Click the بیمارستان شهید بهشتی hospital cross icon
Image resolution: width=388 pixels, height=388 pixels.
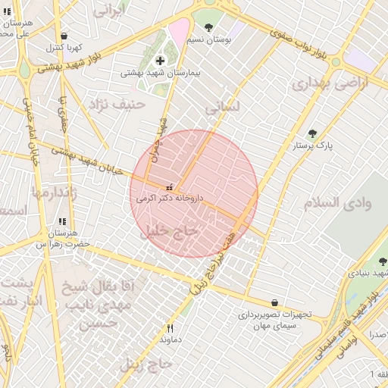(x=160, y=61)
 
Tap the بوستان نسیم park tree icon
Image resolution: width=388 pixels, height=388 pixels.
(x=208, y=27)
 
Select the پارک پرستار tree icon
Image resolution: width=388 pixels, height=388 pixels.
(x=312, y=133)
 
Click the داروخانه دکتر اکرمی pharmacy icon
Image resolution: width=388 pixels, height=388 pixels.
(x=170, y=186)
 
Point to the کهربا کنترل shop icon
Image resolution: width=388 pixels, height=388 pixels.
(x=64, y=36)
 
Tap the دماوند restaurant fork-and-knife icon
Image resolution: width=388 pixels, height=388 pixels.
(x=170, y=328)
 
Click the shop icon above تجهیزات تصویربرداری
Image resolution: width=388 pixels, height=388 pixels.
(x=274, y=302)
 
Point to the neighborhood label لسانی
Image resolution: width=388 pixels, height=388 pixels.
(x=222, y=108)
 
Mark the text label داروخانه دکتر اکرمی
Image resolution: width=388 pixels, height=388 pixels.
(x=170, y=197)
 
